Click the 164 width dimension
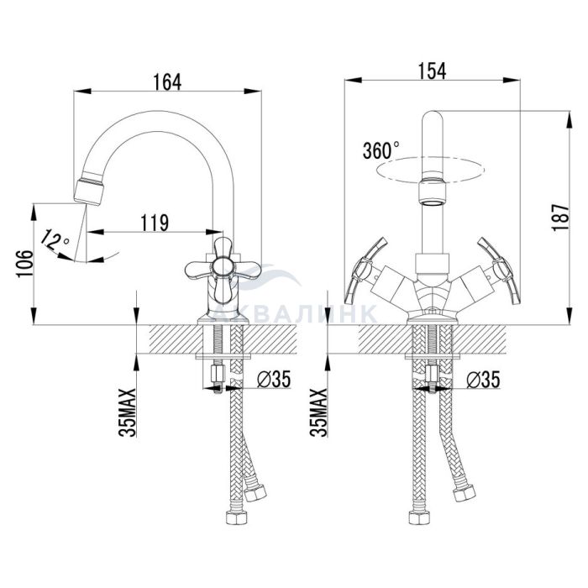coord(167,81)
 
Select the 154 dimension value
coord(433,71)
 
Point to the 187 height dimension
coord(560,218)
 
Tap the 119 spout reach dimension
coord(155,223)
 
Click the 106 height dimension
coord(24,263)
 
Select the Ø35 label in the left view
coord(273,379)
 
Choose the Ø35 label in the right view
coord(483,380)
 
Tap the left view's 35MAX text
coord(128,413)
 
